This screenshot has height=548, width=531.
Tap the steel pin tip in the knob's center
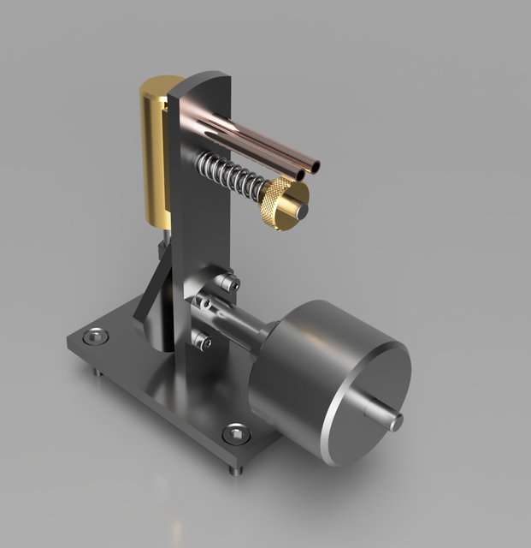[x=300, y=208]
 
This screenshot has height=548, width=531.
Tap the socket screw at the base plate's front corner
[x=233, y=434]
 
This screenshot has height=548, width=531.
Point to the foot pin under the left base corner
[x=95, y=372]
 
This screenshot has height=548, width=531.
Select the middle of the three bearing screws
[x=205, y=303]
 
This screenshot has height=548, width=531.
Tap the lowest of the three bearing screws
[x=203, y=342]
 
